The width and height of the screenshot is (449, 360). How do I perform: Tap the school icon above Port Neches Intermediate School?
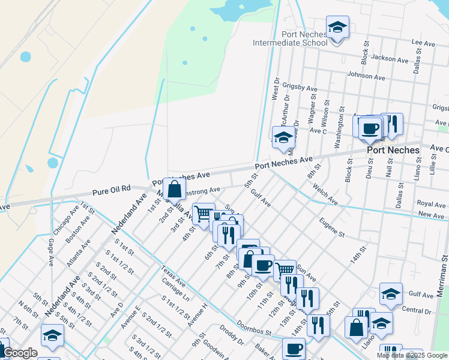click(x=337, y=28)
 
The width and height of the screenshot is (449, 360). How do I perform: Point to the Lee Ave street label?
click(x=423, y=44)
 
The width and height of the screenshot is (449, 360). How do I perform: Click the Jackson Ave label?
click(x=390, y=58)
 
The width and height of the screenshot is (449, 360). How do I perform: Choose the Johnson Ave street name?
click(x=366, y=77)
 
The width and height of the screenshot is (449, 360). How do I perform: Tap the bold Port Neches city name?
click(x=393, y=150)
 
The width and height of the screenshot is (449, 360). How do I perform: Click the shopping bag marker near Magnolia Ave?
click(x=174, y=189)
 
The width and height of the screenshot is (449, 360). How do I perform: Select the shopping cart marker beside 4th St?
click(x=203, y=213)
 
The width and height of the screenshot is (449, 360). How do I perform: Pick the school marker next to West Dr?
click(x=283, y=138)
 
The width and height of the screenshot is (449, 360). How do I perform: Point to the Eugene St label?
click(x=332, y=227)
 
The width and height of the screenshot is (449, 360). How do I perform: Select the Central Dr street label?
click(x=417, y=311)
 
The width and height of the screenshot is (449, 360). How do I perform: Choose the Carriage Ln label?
click(x=175, y=289)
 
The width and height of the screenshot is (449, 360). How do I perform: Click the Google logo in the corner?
click(x=20, y=353)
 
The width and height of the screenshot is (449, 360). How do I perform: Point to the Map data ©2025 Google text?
click(x=412, y=355)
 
